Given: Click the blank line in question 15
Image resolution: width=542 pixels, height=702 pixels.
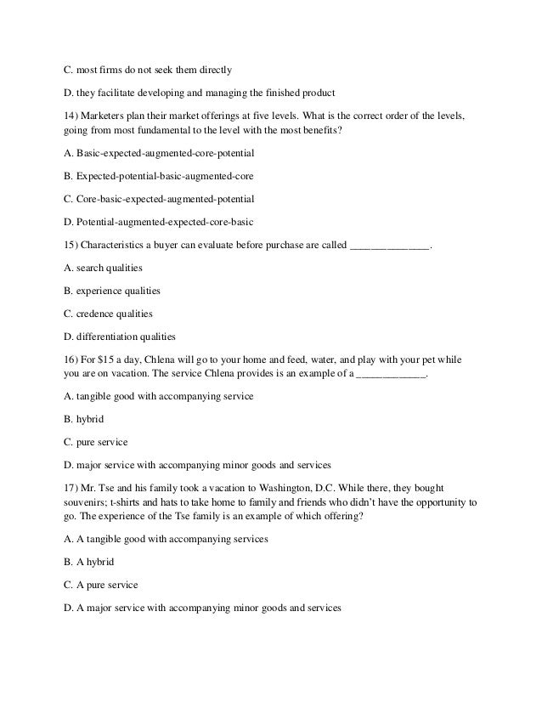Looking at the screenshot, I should click(x=389, y=246).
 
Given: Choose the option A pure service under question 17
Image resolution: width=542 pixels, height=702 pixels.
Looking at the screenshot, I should click(x=101, y=586).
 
